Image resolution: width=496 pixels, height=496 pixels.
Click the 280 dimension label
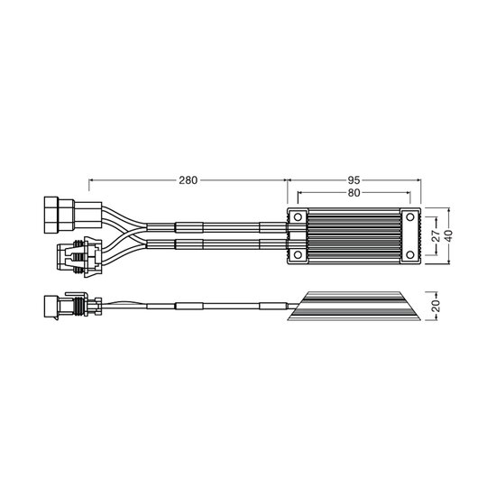[188, 180]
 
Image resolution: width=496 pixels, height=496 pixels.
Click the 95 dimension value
[354, 180]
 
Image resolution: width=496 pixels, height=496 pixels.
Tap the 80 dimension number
[354, 193]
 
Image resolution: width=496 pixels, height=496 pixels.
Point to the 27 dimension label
[436, 235]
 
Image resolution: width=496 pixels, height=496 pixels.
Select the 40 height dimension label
[448, 235]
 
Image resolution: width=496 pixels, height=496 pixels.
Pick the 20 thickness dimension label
[436, 306]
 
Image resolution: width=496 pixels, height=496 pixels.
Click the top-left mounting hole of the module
[298, 217]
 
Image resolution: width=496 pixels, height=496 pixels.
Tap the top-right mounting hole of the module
[410, 217]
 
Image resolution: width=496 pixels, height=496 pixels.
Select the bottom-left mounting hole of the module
[298, 254]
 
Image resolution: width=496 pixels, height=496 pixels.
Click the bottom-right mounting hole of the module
[410, 254]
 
